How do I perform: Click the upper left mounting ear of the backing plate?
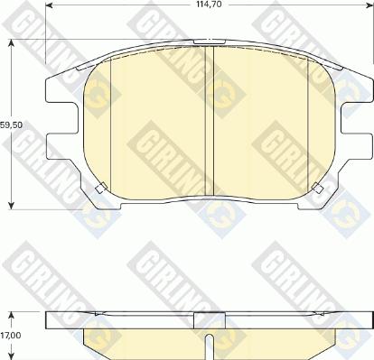coord(56,87)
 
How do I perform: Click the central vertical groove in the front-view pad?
coord(209,117)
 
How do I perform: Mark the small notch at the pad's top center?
coord(209,42)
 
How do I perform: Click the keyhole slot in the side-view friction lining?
coord(209,345)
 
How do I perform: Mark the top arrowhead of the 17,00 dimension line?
coord(12,312)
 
